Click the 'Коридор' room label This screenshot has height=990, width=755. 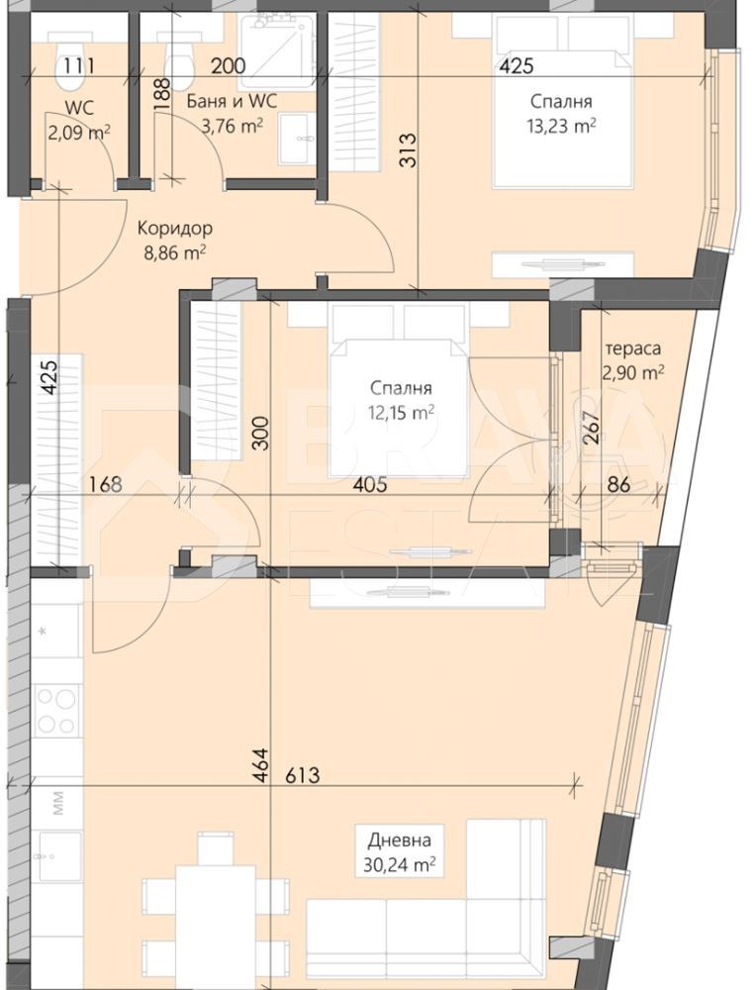coord(174,228)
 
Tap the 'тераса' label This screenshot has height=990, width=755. coord(633,348)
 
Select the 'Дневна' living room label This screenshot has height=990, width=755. coord(399,841)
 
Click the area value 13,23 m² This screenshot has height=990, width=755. coord(561,126)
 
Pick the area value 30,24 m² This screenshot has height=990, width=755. coord(400,864)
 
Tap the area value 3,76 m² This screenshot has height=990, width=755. coord(232,125)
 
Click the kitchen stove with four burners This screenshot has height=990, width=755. coord(56,710)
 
